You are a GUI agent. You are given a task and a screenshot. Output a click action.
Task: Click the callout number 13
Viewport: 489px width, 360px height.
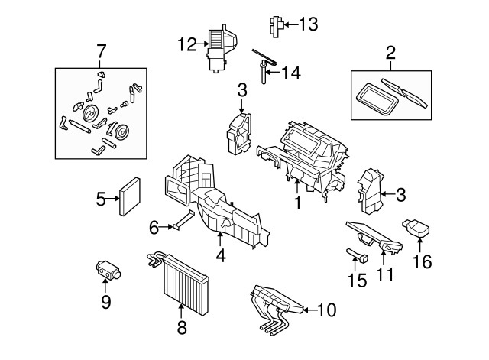point(309,24)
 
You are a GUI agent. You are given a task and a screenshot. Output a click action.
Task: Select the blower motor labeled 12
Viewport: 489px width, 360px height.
point(222,48)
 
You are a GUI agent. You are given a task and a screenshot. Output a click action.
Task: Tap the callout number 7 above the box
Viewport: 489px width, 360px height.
point(101,51)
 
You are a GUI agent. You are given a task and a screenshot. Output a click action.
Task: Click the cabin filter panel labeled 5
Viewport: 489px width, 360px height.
point(130,196)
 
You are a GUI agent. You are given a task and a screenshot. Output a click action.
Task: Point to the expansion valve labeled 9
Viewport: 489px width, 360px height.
point(108,270)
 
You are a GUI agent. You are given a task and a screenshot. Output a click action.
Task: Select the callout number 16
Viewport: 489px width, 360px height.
point(423,261)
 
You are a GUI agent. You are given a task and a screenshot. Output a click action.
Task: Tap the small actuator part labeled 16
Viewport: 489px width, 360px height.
point(416,229)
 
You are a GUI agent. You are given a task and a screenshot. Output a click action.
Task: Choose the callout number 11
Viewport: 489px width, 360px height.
point(385,274)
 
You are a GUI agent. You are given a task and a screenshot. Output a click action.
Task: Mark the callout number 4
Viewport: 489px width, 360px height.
point(221,256)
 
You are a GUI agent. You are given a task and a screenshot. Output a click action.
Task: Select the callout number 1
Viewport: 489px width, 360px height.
point(298,203)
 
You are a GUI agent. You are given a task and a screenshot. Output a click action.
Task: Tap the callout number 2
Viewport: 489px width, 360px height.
point(390,53)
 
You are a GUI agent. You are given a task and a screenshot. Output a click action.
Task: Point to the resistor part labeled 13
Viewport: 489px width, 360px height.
point(277,26)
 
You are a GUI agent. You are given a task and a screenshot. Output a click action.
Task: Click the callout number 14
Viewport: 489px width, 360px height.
point(291,73)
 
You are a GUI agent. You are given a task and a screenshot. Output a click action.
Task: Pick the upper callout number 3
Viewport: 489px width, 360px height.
point(241,90)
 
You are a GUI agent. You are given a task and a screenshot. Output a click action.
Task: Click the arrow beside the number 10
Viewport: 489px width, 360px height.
point(310,310)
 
